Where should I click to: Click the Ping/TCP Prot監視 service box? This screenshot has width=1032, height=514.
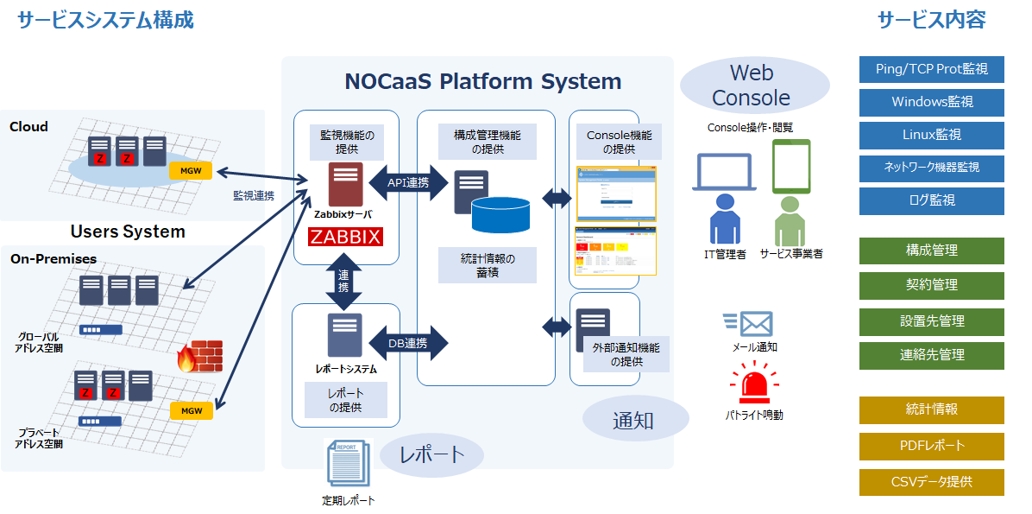point(931,69)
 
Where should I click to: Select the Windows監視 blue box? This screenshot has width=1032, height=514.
point(931,102)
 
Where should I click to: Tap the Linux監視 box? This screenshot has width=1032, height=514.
point(931,135)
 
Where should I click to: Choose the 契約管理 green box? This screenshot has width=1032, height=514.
point(931,285)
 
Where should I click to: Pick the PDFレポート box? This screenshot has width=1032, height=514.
point(931,446)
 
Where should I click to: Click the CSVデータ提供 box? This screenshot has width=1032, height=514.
point(931,482)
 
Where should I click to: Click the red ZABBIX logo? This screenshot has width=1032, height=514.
point(346,237)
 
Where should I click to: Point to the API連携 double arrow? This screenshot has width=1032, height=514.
point(408,183)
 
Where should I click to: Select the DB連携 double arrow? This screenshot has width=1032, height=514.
point(408,343)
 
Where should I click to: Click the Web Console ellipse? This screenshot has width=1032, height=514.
point(752,86)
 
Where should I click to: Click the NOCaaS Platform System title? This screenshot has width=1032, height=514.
point(482,82)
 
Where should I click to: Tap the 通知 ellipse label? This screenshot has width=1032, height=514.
point(634,421)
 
